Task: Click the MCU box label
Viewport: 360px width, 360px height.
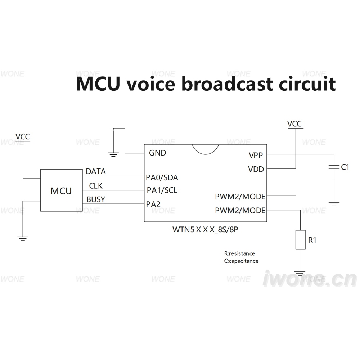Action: (61, 191)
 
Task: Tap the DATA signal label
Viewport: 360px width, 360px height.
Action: (96, 171)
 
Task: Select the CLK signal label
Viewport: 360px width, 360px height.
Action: (96, 186)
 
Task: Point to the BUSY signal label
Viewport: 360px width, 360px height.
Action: (96, 199)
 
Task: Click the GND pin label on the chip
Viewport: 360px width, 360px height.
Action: (158, 153)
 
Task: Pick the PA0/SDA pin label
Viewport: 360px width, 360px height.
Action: (162, 177)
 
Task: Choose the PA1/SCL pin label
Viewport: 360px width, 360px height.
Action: (162, 190)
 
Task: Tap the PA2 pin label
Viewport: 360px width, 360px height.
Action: (153, 204)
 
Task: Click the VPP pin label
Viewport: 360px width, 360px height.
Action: (256, 156)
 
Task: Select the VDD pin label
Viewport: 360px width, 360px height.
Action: (256, 170)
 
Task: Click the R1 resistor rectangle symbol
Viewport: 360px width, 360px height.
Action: (300, 240)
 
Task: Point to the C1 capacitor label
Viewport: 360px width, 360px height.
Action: (345, 167)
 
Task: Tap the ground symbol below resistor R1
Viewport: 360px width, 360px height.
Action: (300, 273)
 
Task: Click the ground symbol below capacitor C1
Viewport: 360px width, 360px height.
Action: (334, 204)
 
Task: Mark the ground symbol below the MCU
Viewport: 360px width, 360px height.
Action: (23, 238)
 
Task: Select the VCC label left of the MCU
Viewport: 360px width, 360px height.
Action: (22, 136)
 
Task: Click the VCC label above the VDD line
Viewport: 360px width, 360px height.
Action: (294, 124)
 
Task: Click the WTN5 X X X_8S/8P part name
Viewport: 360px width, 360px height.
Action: (205, 229)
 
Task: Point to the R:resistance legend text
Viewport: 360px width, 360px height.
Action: (239, 253)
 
